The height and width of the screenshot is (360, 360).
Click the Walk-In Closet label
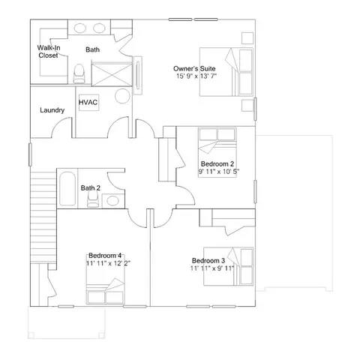49,52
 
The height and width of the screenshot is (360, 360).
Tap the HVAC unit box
89,103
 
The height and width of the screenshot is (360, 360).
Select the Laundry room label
52,110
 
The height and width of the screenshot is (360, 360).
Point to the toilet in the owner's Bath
79,73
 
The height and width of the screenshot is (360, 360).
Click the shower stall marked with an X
112,74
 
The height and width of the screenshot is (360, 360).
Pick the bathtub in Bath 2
67,189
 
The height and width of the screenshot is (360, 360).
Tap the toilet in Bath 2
93,199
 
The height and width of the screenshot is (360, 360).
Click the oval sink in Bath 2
112,200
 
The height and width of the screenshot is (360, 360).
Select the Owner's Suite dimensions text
196,76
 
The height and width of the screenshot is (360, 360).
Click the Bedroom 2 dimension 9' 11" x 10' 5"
219,172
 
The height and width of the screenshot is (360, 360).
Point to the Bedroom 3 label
208,260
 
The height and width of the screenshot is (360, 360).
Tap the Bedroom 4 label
105,256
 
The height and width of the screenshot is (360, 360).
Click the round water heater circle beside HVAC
122,96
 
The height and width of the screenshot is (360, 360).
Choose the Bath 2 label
91,187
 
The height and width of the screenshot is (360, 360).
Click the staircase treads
43,217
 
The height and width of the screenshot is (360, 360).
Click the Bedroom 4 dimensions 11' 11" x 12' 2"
108,263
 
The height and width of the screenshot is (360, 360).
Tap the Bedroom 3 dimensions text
212,268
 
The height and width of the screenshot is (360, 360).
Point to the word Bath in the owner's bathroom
92,49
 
